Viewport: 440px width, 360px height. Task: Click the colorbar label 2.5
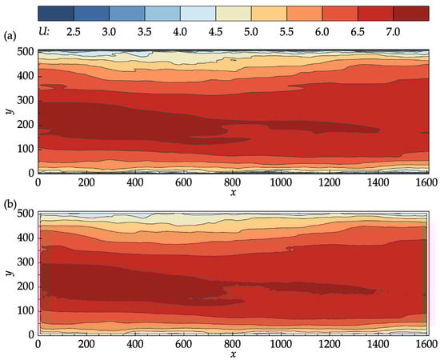pyautogui.click(x=73, y=30)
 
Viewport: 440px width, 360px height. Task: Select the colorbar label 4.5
pyautogui.click(x=215, y=30)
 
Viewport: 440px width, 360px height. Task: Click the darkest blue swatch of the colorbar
pyautogui.click(x=55, y=12)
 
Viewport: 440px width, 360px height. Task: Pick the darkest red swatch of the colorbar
pyautogui.click(x=411, y=12)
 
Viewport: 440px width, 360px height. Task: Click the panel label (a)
pyautogui.click(x=10, y=36)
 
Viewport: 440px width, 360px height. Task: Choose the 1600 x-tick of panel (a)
pyautogui.click(x=425, y=182)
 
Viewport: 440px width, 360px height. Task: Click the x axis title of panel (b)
pyautogui.click(x=232, y=354)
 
